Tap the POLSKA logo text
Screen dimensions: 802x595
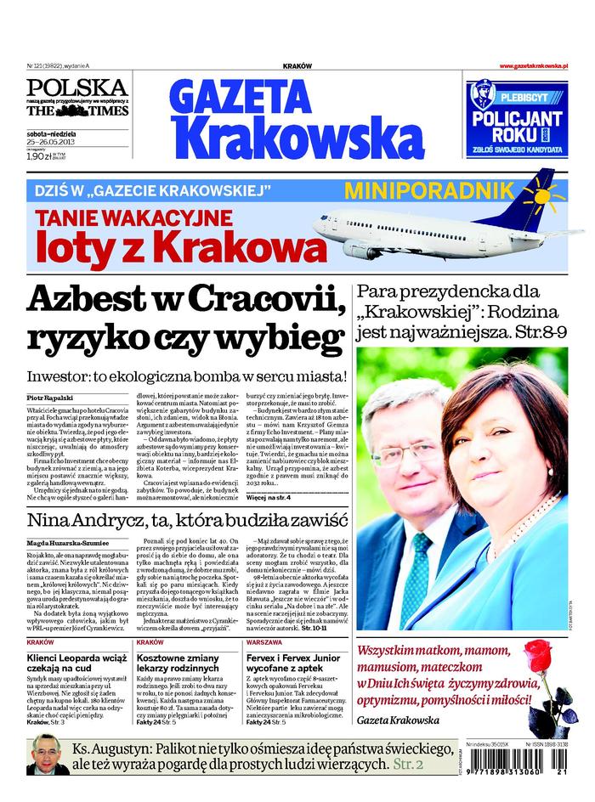click(76, 88)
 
